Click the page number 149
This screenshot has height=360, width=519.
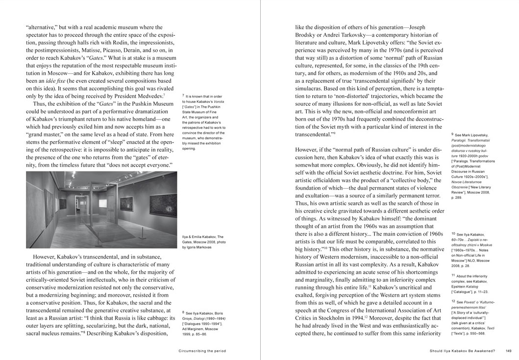tap(508, 350)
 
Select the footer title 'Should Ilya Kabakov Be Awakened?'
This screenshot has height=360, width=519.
tap(463, 350)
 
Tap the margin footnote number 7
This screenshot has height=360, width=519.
tap(183, 96)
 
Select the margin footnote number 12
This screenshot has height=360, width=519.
tap(453, 302)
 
